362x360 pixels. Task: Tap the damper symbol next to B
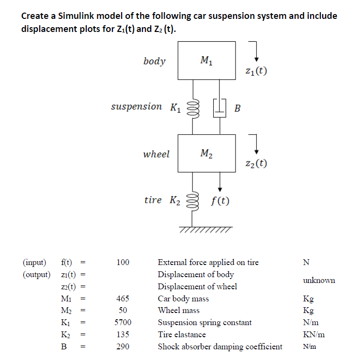pyautogui.click(x=220, y=107)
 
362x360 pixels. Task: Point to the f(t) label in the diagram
pyautogui.click(x=221, y=200)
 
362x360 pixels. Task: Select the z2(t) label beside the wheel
pyautogui.click(x=257, y=164)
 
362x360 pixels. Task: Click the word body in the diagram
pyautogui.click(x=155, y=61)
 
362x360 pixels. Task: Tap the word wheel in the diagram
pyautogui.click(x=157, y=154)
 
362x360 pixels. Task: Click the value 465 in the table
pyautogui.click(x=123, y=298)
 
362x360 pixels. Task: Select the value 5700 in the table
pyautogui.click(x=123, y=322)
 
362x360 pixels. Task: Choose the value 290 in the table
pyautogui.click(x=123, y=346)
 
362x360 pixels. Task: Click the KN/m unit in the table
pyautogui.click(x=314, y=334)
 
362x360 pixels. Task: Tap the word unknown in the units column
pyautogui.click(x=319, y=280)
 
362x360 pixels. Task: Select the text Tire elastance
pyautogui.click(x=182, y=334)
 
